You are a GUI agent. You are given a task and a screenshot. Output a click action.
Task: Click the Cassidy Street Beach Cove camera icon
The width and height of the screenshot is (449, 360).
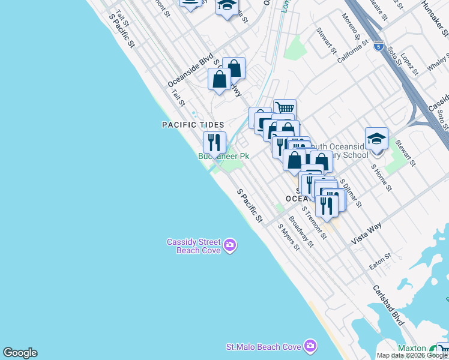[230, 245]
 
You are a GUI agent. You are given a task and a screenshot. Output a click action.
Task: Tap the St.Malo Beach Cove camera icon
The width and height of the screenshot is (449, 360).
[310, 346]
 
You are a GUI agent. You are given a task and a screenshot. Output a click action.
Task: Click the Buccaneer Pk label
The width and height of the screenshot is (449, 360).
[223, 156]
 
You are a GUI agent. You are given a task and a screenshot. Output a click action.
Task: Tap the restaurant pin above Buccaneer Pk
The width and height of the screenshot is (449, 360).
[214, 143]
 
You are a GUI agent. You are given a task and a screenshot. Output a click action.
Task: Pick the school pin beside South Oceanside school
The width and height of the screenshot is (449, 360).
[376, 139]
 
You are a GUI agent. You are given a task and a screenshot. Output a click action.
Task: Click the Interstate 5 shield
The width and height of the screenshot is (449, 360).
[378, 45]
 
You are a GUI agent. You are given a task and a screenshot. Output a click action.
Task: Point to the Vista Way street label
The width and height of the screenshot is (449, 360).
[367, 231]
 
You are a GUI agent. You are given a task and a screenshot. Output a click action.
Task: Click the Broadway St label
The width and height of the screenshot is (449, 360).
[301, 232]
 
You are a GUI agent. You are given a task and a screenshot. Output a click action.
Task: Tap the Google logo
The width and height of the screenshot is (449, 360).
[20, 353]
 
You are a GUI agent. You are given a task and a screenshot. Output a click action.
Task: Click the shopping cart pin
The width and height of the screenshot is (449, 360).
[285, 109]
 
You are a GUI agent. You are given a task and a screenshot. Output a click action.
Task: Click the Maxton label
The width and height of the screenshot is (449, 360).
[412, 349]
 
